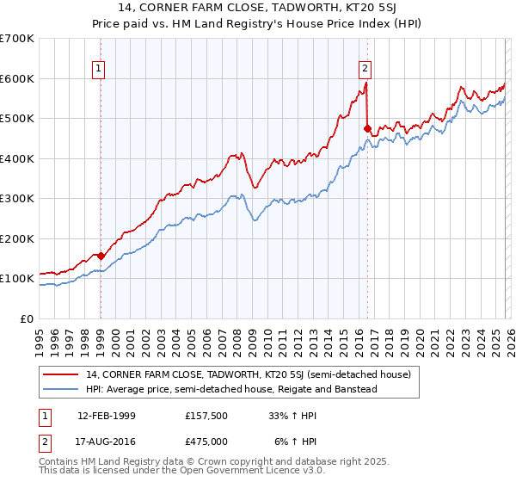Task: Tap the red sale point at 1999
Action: point(101,256)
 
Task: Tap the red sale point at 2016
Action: point(367,129)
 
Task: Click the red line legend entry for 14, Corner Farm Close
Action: point(249,374)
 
